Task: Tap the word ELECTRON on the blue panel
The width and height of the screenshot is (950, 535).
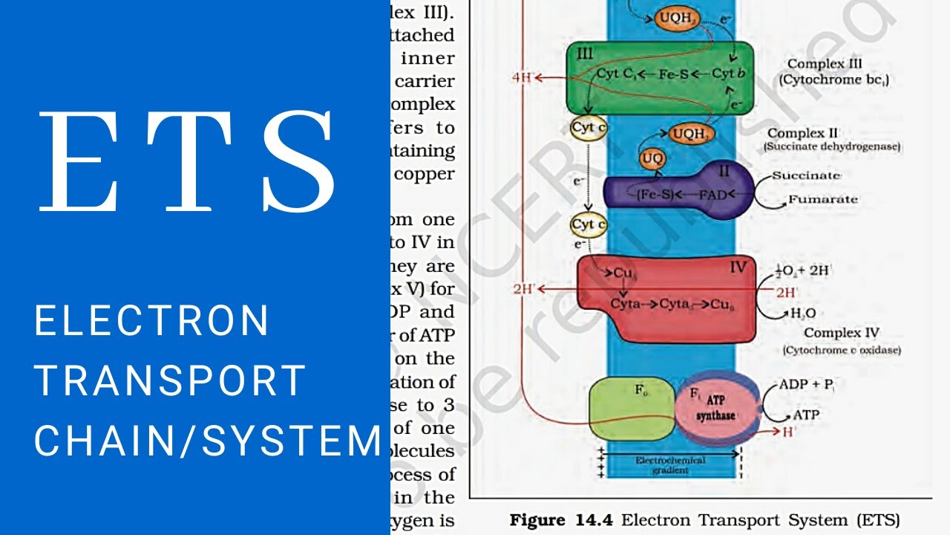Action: (151, 321)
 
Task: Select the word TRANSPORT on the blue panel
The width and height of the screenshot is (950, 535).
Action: (170, 380)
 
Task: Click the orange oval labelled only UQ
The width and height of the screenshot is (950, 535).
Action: (652, 158)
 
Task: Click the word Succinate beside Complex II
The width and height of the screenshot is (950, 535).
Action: (806, 175)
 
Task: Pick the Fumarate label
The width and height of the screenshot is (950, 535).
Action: (822, 199)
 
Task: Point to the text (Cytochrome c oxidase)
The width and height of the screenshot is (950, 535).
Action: (841, 349)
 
